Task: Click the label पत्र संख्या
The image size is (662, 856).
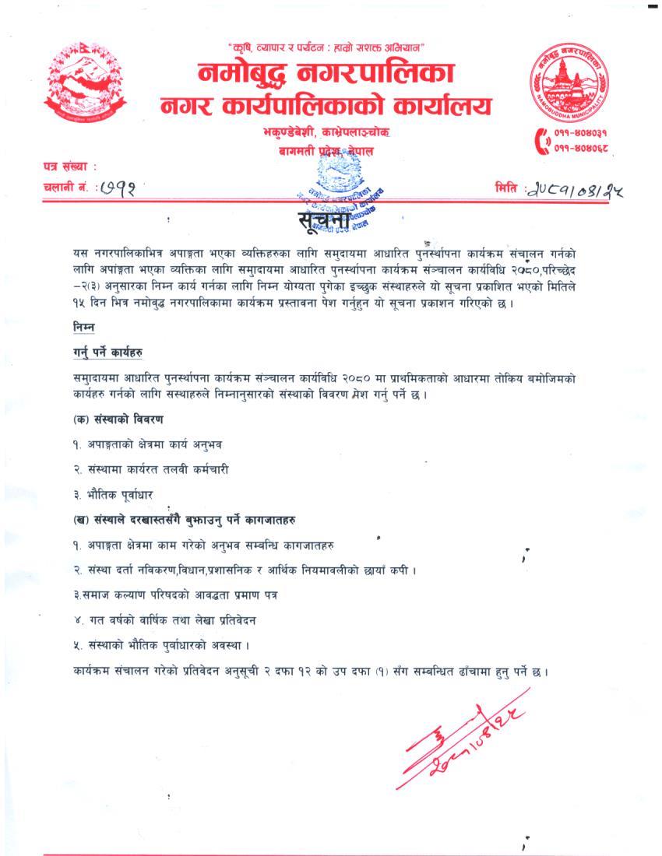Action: coord(69,167)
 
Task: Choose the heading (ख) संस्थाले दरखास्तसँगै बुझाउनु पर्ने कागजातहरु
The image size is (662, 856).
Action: coord(183,518)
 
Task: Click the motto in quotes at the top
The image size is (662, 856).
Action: coord(325,48)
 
